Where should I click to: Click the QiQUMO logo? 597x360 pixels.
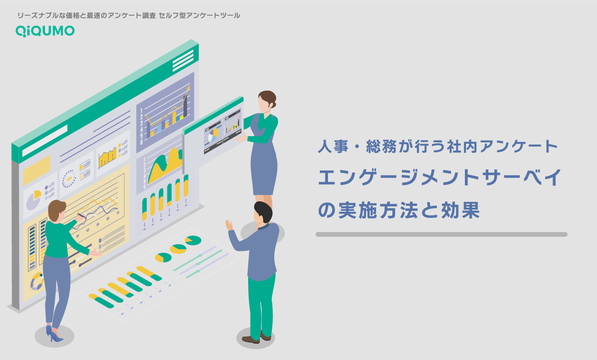[x=45, y=30]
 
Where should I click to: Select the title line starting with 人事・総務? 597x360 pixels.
[x=437, y=147]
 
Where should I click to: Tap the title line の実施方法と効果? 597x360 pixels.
[x=399, y=210]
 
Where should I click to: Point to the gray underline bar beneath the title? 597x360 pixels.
[x=441, y=234]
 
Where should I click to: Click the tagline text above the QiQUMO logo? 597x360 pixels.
[x=128, y=15]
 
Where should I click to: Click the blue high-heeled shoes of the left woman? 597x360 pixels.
[x=54, y=334]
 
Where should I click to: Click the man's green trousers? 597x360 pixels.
[x=261, y=304]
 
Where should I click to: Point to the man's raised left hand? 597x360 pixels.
[x=230, y=225]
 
